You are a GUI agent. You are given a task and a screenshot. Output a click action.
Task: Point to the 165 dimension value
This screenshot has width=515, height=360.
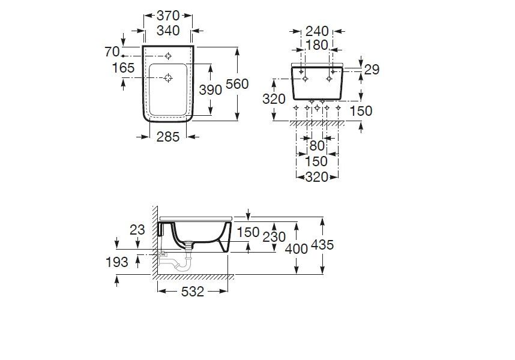[123, 68]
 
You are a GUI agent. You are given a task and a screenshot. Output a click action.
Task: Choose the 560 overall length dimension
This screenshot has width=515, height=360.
[236, 84]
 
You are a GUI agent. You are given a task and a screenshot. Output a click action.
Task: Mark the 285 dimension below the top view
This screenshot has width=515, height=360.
[168, 137]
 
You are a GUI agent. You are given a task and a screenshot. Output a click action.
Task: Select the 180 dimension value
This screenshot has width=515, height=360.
[316, 45]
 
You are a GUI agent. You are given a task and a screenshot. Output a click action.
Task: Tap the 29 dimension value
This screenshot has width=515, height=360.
[372, 70]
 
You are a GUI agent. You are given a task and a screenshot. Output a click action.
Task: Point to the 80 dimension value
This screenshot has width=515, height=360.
[316, 145]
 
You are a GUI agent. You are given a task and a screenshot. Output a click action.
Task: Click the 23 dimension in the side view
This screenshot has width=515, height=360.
[138, 229]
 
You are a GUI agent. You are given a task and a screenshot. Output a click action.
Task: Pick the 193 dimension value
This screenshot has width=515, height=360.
[116, 262]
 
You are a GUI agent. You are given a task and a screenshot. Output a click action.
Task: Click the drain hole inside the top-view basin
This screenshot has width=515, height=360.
[169, 77]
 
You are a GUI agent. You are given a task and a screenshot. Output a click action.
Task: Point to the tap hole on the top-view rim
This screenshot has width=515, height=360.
[169, 55]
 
